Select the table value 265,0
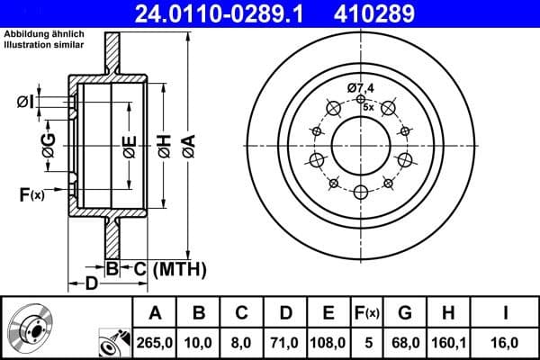tap(155, 342)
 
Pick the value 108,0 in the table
tap(328, 342)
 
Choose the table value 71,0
tap(284, 342)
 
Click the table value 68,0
tap(405, 342)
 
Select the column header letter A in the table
tap(155, 313)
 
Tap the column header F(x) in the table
tap(368, 313)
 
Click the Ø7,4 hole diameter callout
tap(361, 88)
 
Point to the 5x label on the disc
tap(368, 105)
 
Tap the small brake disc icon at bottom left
tap(29, 329)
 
